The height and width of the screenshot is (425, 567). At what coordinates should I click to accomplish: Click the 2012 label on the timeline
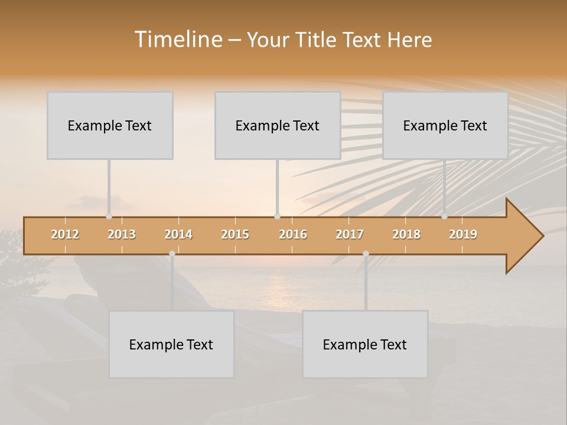[65, 234]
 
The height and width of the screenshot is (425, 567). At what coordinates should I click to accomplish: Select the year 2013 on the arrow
[122, 234]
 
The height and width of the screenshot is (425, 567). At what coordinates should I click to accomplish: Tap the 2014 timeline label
[178, 234]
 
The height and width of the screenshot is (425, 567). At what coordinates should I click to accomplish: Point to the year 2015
[235, 234]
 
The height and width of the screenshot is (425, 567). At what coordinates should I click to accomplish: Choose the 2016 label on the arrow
[293, 234]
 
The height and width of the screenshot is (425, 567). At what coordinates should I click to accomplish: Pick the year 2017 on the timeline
[350, 234]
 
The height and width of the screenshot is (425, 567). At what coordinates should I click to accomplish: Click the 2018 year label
[406, 234]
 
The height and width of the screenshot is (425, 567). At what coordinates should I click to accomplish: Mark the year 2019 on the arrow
[463, 234]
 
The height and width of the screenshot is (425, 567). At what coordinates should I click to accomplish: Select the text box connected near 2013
[110, 125]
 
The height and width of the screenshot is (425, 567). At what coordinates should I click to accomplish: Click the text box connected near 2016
[278, 125]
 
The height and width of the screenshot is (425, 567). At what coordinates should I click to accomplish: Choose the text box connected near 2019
[445, 125]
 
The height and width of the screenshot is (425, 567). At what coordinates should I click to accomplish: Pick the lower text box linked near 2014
[171, 344]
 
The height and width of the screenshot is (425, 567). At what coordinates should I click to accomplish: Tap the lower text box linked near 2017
[365, 344]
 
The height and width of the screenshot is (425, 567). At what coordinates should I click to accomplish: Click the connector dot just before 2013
[109, 217]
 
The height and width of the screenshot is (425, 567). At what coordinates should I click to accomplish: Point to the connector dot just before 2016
[277, 217]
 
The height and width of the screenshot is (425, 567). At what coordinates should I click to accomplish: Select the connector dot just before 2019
[445, 217]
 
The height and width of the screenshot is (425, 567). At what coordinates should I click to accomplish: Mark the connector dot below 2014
[172, 254]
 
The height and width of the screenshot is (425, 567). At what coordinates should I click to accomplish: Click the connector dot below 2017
[366, 254]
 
